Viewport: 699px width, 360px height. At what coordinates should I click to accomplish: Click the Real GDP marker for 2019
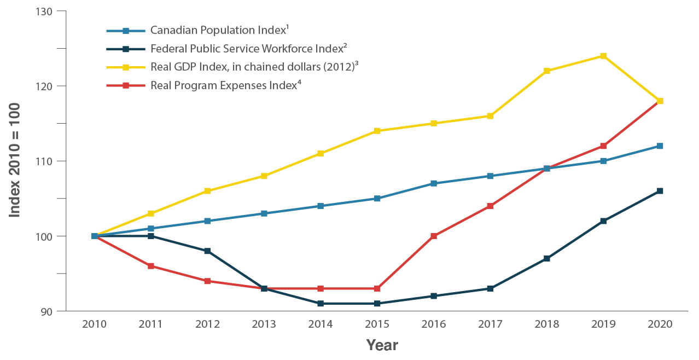(x=603, y=56)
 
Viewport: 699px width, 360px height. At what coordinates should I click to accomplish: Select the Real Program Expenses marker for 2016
(x=433, y=236)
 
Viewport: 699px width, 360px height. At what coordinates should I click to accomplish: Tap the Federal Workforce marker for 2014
(x=321, y=303)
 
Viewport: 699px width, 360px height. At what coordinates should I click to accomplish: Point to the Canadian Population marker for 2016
(x=433, y=183)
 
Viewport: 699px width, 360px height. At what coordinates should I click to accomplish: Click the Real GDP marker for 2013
(x=264, y=176)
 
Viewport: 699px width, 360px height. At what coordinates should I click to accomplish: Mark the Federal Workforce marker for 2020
(x=660, y=191)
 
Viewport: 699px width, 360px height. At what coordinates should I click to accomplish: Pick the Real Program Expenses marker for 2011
(x=151, y=266)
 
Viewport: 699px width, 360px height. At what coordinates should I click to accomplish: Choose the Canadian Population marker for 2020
(x=660, y=146)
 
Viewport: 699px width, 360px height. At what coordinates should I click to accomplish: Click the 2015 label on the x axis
(x=377, y=324)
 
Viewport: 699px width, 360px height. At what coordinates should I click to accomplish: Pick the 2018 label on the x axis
(x=546, y=324)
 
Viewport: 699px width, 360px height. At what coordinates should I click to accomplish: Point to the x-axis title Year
(x=382, y=345)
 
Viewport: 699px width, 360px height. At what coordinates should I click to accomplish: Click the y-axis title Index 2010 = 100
(x=15, y=160)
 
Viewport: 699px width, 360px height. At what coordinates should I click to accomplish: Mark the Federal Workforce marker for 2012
(x=207, y=251)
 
